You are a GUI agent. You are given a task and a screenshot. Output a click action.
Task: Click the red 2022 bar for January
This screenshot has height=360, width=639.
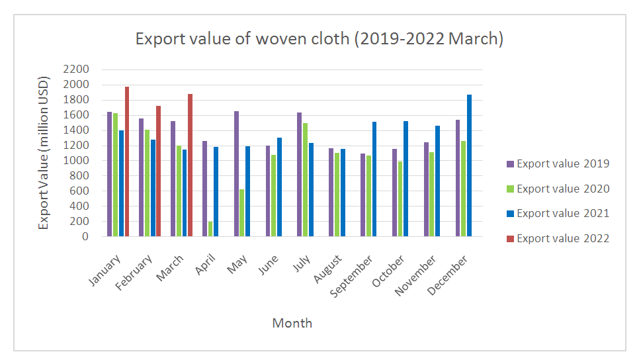pos(127,161)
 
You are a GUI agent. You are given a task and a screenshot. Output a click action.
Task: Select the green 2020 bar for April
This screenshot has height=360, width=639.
pos(210,229)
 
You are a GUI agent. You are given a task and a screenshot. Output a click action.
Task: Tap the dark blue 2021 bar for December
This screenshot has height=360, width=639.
pos(470,165)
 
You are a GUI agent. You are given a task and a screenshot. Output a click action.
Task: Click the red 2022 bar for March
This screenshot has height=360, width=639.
pos(191,165)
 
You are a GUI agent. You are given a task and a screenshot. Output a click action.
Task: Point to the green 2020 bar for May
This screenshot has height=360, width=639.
pos(242,212)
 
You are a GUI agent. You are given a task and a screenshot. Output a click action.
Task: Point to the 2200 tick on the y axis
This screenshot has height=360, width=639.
pos(77,69)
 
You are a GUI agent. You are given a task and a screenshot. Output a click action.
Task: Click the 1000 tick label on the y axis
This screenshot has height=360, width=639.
pos(77,161)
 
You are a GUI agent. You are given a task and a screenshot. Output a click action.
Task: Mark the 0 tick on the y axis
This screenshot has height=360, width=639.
pos(85,236)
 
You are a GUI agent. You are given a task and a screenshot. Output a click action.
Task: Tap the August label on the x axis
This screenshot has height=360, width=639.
pos(328,269)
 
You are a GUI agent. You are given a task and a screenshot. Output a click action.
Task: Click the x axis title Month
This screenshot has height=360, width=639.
pos(292,324)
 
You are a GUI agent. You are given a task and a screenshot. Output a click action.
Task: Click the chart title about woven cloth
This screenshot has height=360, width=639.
pos(319,39)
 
